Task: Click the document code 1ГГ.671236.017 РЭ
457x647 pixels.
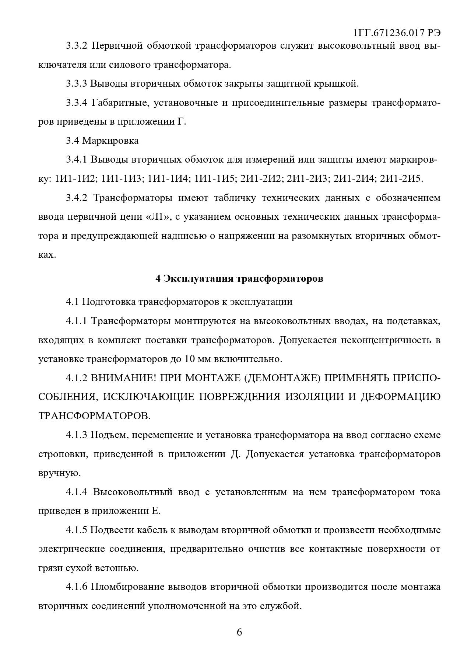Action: coord(397,33)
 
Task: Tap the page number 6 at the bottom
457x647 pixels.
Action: coord(239,632)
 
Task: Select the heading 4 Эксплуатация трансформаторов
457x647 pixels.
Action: coord(239,278)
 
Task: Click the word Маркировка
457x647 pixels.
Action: coord(110,140)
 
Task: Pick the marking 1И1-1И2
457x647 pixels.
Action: coord(75,179)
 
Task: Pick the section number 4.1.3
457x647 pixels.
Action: coord(77,435)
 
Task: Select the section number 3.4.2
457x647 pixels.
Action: coord(77,198)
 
